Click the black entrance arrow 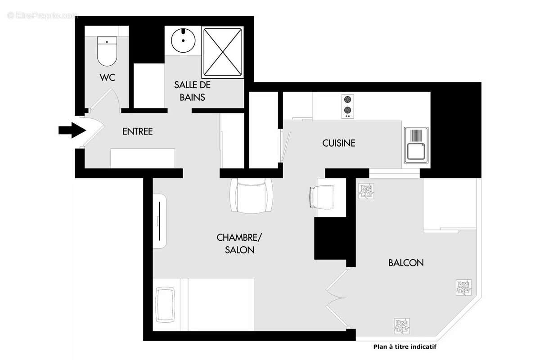[72, 130]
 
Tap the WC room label [107, 77]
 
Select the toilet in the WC [107, 51]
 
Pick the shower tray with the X [223, 52]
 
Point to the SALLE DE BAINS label [192, 90]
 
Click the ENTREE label [138, 131]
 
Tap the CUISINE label [338, 143]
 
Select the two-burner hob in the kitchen [347, 106]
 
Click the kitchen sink [416, 145]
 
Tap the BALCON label [405, 263]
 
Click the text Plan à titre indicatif [405, 346]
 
